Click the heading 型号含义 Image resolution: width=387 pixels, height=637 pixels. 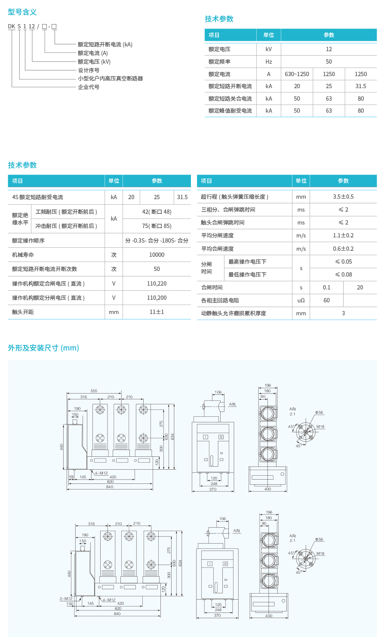coord(22,12)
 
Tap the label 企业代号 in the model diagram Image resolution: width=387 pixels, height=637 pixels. coord(89,87)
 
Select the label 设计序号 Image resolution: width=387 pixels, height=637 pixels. coord(89,70)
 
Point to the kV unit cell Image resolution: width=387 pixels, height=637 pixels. coord(269,49)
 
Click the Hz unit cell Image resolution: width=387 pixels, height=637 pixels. coord(269,62)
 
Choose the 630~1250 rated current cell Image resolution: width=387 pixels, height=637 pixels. coord(297,74)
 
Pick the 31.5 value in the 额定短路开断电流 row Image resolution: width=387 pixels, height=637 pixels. coord(360,86)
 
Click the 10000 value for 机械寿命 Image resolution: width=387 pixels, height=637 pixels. coord(157,255)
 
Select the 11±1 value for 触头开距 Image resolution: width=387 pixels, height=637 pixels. coord(157,312)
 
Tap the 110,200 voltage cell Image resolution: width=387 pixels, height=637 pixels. coord(157,298)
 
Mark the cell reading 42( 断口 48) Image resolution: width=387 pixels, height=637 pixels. coord(157,212)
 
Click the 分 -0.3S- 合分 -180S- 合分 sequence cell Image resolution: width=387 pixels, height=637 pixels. coord(157,240)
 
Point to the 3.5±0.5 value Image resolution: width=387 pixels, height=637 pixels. coord(343,197)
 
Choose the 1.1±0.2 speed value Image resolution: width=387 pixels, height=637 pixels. coord(343,235)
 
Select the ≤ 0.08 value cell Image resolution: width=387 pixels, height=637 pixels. coord(343,274)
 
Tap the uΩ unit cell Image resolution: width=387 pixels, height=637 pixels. coord(301,300)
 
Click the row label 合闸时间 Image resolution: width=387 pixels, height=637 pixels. coord(212,287)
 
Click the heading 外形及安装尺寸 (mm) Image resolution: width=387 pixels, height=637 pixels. coord(43,348)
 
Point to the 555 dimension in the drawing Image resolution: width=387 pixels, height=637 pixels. coord(94,391)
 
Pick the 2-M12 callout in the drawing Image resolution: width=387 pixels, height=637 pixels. coord(66,599)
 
